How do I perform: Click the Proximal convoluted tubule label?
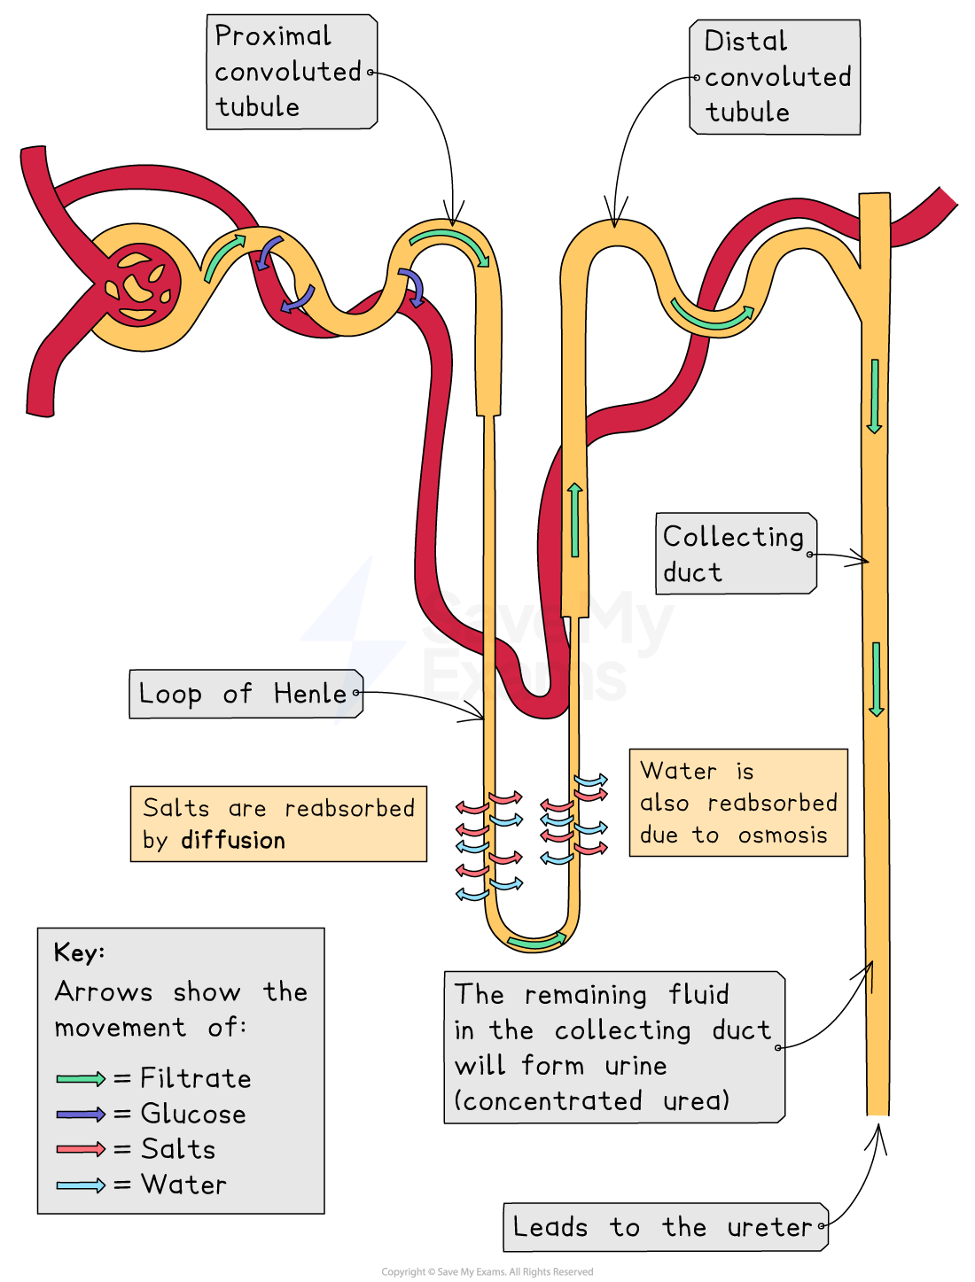click(x=291, y=72)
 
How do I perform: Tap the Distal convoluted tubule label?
click(x=776, y=77)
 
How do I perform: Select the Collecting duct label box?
click(x=735, y=554)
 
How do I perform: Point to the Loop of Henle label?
click(x=245, y=694)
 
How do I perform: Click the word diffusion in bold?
click(x=233, y=840)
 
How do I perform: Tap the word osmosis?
click(x=783, y=835)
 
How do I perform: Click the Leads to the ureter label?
click(x=665, y=1227)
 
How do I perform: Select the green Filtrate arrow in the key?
click(x=81, y=1078)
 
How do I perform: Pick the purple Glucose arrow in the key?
click(x=81, y=1114)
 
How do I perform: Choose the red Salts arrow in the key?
click(x=81, y=1149)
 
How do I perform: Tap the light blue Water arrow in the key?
click(x=81, y=1185)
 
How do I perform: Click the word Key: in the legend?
click(x=79, y=952)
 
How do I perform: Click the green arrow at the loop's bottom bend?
click(x=536, y=941)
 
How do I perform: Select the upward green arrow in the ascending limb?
click(x=575, y=520)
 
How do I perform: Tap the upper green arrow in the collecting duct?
click(x=874, y=396)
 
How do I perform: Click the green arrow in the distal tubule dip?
click(x=712, y=316)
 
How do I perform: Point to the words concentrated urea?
click(x=591, y=1101)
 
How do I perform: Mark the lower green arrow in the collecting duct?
click(x=876, y=679)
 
